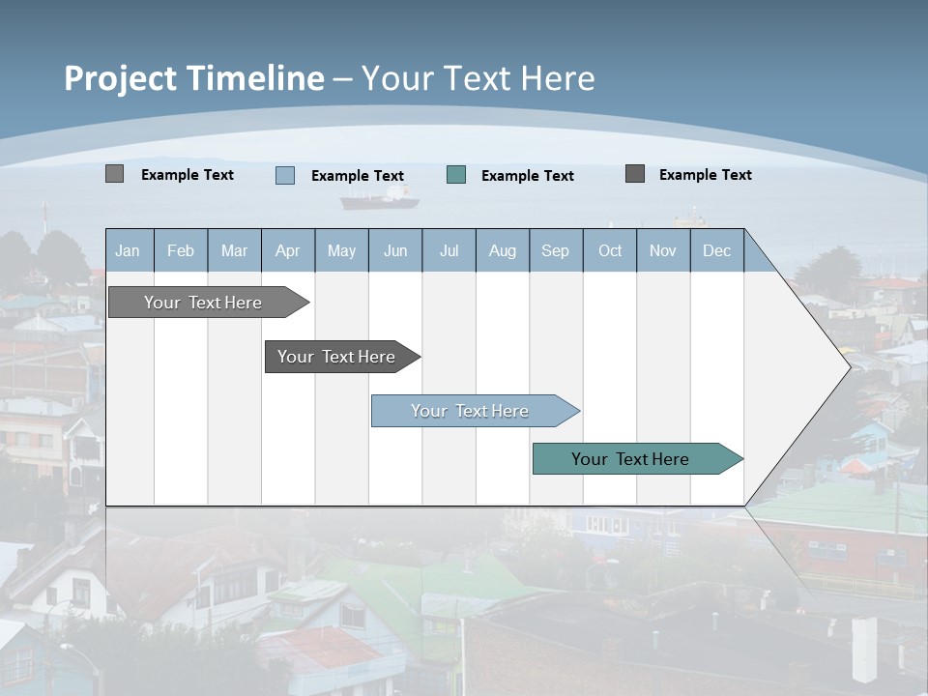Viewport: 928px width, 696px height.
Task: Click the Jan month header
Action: click(x=128, y=250)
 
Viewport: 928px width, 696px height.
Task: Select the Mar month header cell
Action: click(x=234, y=250)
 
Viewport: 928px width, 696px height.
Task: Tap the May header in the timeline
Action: click(x=341, y=250)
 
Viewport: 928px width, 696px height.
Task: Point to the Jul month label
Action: click(x=449, y=250)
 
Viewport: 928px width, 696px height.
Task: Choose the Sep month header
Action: click(x=555, y=250)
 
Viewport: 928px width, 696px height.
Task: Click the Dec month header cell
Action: click(x=716, y=250)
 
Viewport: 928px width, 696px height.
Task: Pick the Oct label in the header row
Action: click(x=610, y=250)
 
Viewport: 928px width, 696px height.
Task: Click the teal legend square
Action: click(x=456, y=175)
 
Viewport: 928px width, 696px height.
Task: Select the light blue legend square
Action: click(x=285, y=175)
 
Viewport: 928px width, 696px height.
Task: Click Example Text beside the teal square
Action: click(x=527, y=176)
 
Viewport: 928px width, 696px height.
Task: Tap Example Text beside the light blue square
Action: click(x=357, y=176)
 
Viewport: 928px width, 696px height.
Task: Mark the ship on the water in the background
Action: click(x=379, y=199)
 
